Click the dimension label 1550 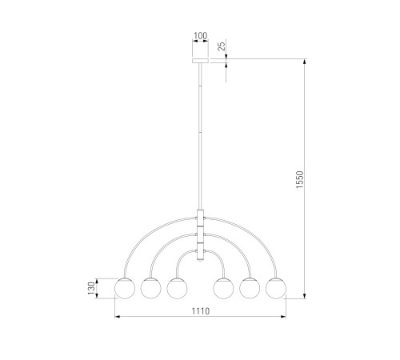300,179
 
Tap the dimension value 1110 201,311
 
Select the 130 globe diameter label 91,288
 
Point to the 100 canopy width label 200,35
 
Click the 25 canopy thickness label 222,46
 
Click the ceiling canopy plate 200,61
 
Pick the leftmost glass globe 125,288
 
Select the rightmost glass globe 276,288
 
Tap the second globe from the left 151,288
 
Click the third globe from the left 177,288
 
